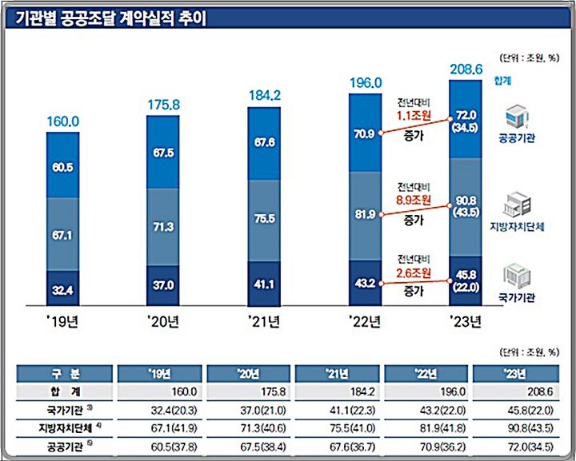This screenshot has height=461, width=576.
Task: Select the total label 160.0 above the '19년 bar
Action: [x=62, y=122]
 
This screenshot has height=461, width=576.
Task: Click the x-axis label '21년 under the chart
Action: [x=264, y=324]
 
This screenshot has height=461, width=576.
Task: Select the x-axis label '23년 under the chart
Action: [x=465, y=324]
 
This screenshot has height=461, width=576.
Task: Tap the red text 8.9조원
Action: [x=414, y=203]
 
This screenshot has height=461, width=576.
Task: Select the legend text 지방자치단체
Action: [x=517, y=227]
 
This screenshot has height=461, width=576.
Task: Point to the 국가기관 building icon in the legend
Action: [x=517, y=276]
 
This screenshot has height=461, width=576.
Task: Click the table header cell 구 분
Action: [x=64, y=374]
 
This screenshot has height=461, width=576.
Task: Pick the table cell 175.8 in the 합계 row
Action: [x=251, y=391]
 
